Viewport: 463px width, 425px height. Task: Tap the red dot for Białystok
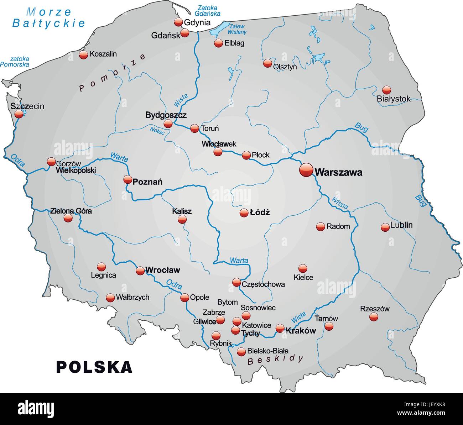386,90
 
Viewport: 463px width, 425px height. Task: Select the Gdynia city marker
178,22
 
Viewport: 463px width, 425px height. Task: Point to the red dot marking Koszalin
83,54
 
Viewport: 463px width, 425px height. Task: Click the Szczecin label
27,106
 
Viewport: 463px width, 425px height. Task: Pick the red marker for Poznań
128,179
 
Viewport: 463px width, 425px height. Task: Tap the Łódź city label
260,213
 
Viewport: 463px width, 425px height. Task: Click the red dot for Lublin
385,227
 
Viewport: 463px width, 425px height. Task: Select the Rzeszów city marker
374,317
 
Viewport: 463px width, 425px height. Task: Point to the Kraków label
301,330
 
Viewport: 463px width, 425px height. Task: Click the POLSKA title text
94,367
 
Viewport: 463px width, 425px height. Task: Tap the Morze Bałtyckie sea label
49,17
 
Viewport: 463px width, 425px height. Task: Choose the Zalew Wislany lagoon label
237,29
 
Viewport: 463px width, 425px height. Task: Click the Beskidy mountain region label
276,360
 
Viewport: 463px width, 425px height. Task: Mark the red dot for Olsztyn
267,63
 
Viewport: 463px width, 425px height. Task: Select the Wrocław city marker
140,271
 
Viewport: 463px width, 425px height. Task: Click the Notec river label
157,131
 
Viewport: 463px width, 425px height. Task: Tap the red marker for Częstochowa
236,283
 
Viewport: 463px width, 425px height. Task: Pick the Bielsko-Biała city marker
241,352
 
